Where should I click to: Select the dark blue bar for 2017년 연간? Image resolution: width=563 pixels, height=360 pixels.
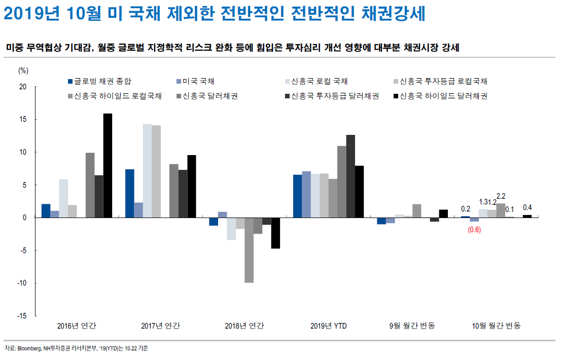coord(129,193)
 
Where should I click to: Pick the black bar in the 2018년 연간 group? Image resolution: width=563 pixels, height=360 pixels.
coord(275,233)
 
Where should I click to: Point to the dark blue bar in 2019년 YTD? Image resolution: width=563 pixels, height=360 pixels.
coord(297,196)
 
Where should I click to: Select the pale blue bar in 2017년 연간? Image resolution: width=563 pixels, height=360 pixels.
coord(147,170)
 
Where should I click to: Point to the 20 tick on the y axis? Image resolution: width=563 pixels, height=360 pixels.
coord(22,87)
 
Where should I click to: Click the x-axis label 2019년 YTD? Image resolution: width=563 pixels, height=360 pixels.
coord(328,326)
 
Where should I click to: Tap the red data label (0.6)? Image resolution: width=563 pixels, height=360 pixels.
coord(475,229)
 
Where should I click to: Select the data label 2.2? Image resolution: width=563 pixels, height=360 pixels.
coord(501,196)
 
